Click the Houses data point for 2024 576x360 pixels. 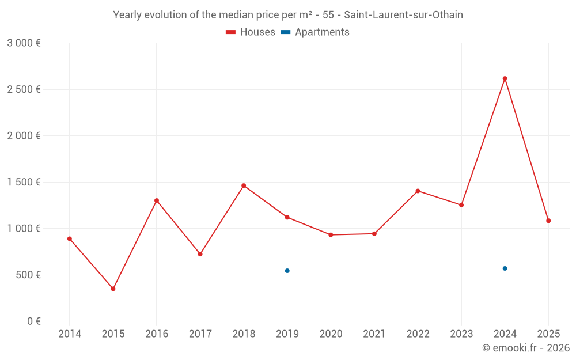pyautogui.click(x=505, y=78)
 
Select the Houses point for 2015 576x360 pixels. pyautogui.click(x=113, y=289)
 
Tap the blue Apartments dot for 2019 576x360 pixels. pyautogui.click(x=287, y=271)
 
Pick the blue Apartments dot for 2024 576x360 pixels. pyautogui.click(x=505, y=268)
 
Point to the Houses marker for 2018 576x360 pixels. pyautogui.click(x=244, y=185)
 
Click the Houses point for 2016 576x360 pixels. pyautogui.click(x=157, y=200)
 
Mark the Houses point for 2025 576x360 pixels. pyautogui.click(x=548, y=221)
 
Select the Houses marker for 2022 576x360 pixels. pyautogui.click(x=418, y=191)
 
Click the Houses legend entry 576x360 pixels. pyautogui.click(x=251, y=32)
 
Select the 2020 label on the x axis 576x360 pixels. pyautogui.click(x=331, y=334)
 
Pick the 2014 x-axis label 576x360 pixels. pyautogui.click(x=70, y=334)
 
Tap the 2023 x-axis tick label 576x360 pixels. pyautogui.click(x=461, y=334)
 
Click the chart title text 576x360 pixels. pyautogui.click(x=288, y=15)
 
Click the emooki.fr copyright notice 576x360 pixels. pyautogui.click(x=525, y=348)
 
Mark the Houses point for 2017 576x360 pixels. pyautogui.click(x=200, y=254)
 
